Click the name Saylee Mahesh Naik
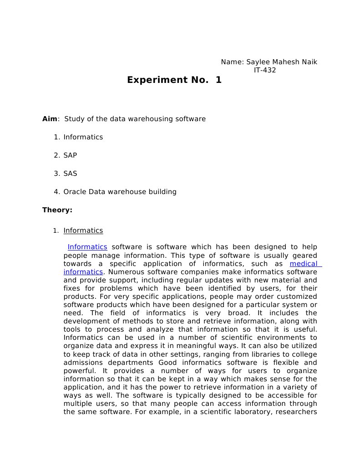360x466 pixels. [282, 62]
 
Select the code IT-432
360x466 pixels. [264, 70]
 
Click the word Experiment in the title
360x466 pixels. [154, 80]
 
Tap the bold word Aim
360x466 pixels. [50, 119]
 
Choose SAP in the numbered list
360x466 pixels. [70, 155]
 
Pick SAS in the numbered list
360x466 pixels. [70, 174]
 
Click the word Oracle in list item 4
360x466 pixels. [75, 192]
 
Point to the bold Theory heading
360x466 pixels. [57, 210]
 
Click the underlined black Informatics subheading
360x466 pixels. [83, 230]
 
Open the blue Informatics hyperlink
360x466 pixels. [87, 247]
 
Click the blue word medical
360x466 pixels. [304, 264]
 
